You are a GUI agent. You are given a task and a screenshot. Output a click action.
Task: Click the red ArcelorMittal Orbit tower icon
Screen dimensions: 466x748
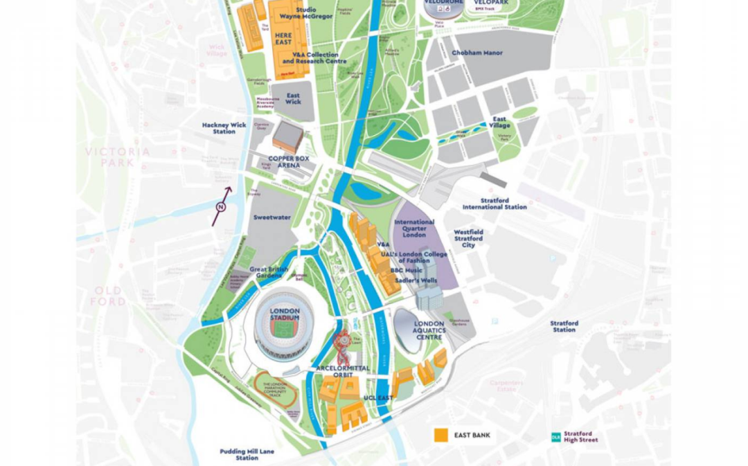(341, 341)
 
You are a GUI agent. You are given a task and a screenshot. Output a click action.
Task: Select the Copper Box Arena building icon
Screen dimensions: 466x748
(287, 138)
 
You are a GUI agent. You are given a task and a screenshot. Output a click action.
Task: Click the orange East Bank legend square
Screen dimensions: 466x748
(440, 436)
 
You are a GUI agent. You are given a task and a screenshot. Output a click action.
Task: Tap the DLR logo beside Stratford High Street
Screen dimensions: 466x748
(555, 437)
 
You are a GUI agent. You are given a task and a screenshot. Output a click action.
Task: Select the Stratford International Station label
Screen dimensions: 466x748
(495, 204)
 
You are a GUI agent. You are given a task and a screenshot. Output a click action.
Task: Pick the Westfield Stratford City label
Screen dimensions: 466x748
(469, 238)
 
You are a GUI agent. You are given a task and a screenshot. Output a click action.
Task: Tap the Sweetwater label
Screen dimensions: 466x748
(272, 217)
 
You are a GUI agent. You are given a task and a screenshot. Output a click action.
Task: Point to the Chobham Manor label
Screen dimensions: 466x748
(477, 53)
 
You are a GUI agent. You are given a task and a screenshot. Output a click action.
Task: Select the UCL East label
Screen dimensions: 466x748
(378, 398)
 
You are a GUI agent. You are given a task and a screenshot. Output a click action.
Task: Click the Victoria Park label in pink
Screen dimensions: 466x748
(117, 156)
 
